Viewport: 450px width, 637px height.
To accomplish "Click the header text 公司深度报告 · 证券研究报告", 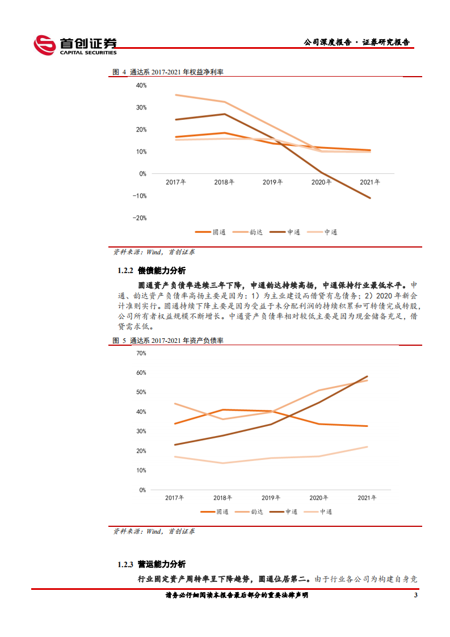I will point(356,43).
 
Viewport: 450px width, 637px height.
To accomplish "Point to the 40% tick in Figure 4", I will point(141,86).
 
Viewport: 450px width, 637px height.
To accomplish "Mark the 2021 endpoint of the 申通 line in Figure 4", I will point(371,198).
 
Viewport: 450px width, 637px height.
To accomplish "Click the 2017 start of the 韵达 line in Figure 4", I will point(176,95).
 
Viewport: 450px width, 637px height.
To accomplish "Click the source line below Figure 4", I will point(154,252).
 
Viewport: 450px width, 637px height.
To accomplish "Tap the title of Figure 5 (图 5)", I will point(169,341).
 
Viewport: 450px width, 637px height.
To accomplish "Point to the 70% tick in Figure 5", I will point(141,353).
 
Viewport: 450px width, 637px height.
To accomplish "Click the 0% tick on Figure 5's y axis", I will point(142,489).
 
